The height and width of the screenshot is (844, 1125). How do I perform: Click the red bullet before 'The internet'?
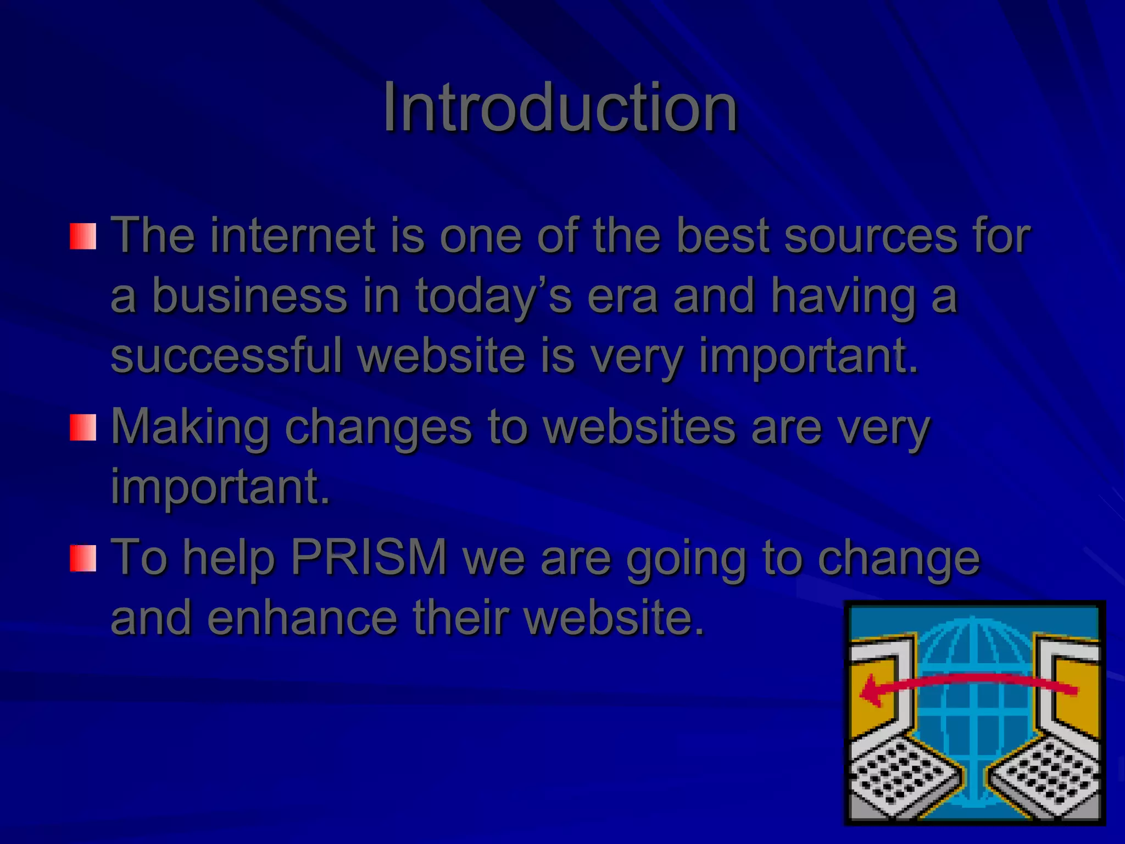click(x=83, y=236)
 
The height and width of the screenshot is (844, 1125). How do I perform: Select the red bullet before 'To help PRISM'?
click(x=83, y=558)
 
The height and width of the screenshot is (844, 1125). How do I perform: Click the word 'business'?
click(x=249, y=296)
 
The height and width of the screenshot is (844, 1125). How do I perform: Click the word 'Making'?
click(x=190, y=427)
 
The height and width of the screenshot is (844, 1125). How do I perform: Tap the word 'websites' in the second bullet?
click(x=639, y=427)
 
